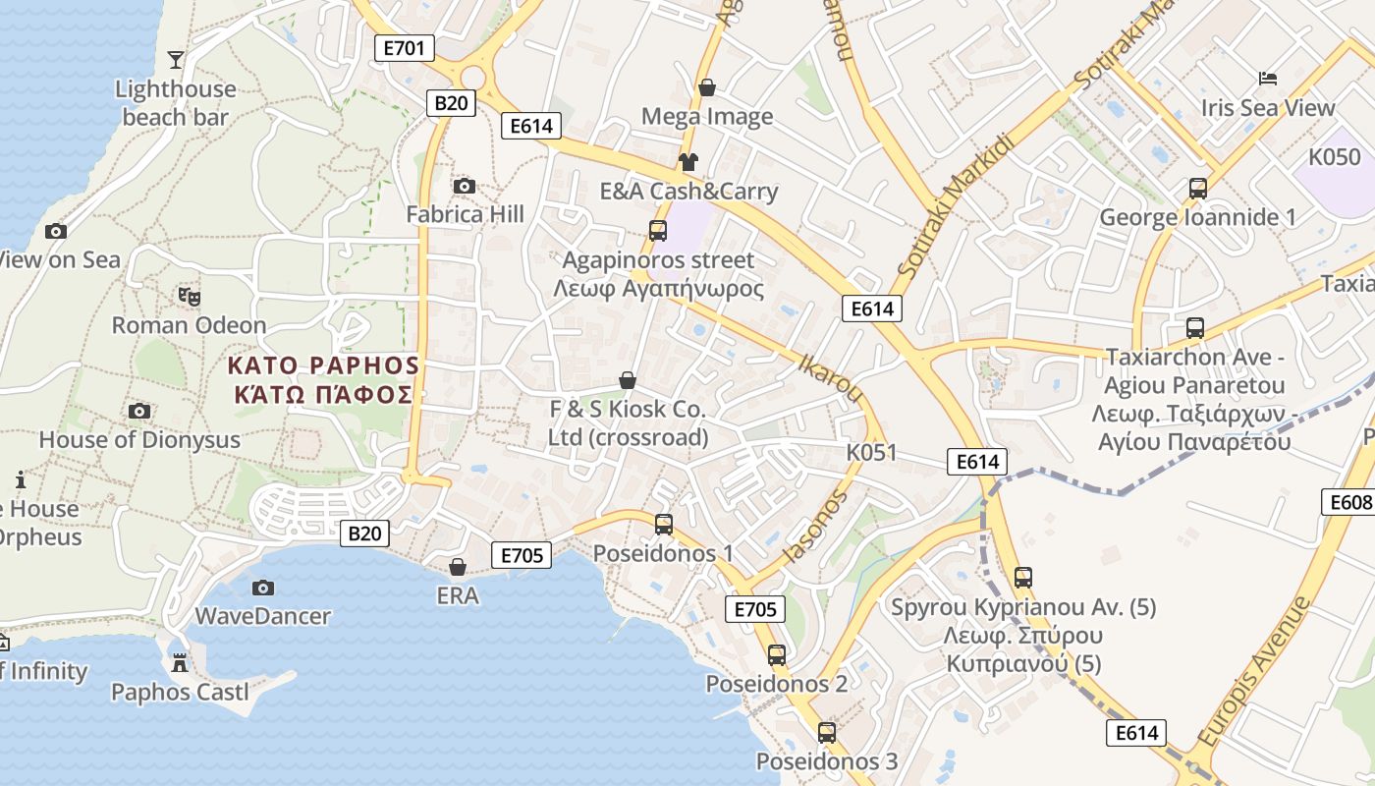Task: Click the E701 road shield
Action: [405, 48]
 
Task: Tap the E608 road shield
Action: [1350, 502]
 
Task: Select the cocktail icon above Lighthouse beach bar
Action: [176, 60]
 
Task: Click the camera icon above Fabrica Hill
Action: [465, 186]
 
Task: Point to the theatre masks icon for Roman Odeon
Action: [189, 296]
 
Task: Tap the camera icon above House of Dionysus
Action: [139, 411]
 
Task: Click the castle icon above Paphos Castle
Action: [179, 663]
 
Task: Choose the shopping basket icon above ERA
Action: [458, 567]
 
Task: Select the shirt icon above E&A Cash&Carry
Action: [687, 162]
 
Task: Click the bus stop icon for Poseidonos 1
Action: [664, 525]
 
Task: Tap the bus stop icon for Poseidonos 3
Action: [827, 733]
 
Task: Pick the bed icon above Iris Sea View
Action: [1268, 79]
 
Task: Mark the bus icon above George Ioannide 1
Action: [1198, 189]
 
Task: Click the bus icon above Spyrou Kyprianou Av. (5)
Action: [1023, 578]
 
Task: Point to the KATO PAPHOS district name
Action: [323, 379]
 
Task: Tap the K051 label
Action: [871, 452]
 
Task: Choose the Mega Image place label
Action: [707, 117]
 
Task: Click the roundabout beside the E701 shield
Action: [473, 77]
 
